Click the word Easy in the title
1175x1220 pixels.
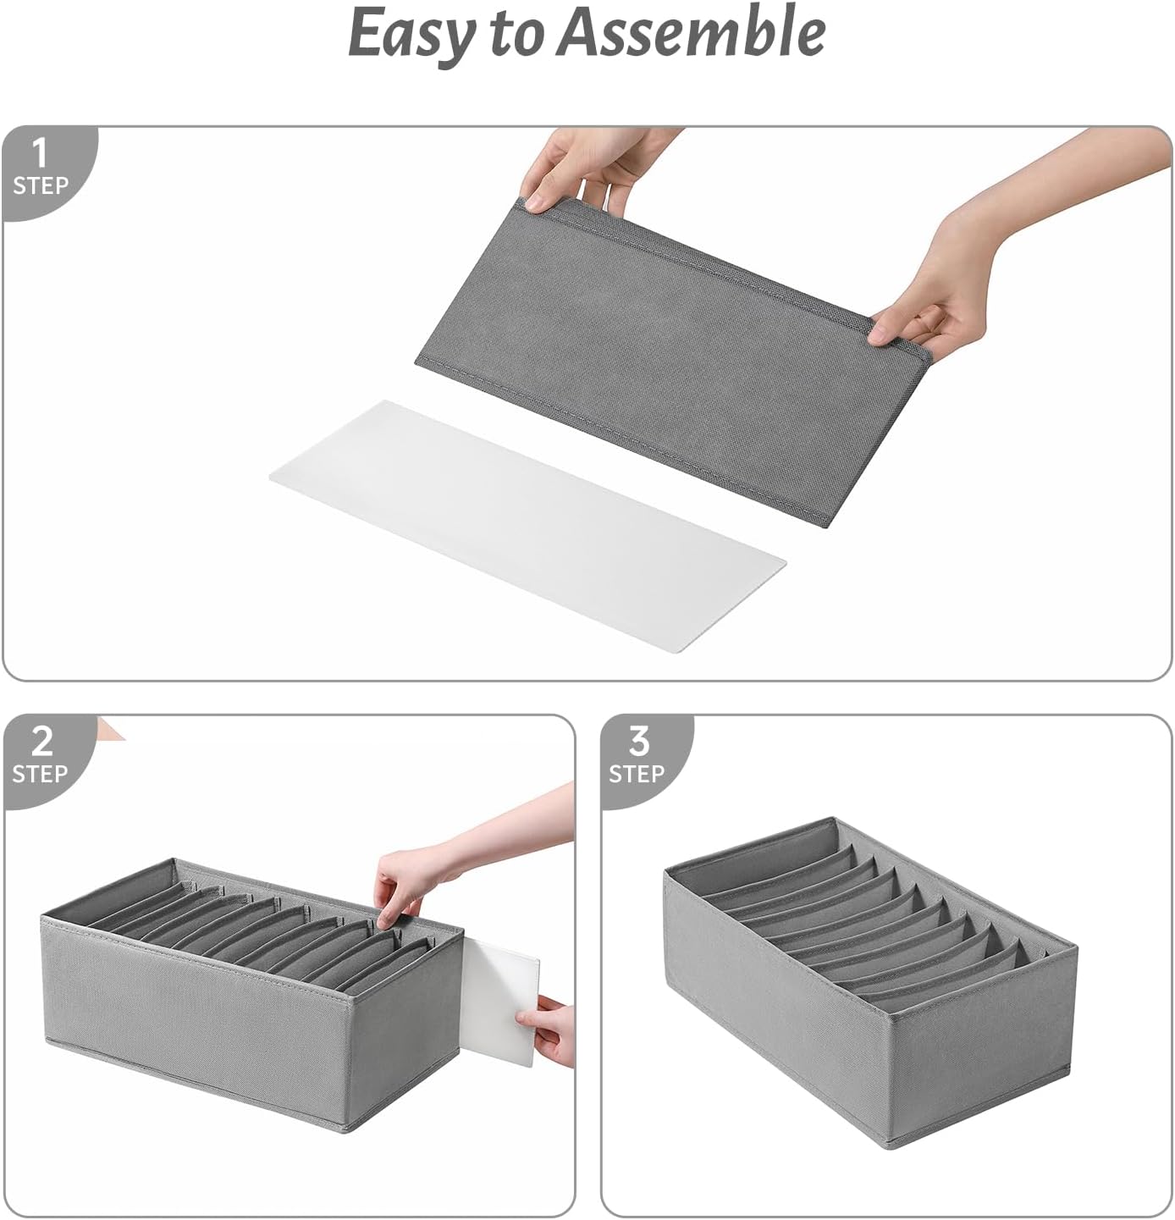pos(411,34)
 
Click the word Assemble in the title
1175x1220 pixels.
pos(691,32)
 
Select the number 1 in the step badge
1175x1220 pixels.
pos(39,154)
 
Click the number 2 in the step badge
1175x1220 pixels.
pos(41,742)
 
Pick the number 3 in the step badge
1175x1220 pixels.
pos(638,742)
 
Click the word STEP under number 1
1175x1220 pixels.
pos(40,185)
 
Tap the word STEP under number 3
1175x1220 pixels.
pos(637,774)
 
